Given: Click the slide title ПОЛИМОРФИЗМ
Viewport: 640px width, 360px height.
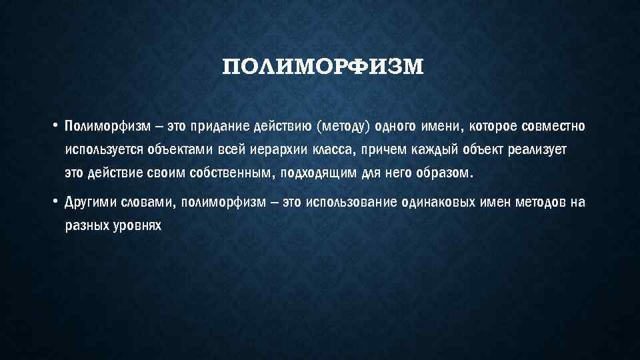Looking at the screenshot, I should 323,67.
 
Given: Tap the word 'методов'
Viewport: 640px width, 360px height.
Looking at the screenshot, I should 541,202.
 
